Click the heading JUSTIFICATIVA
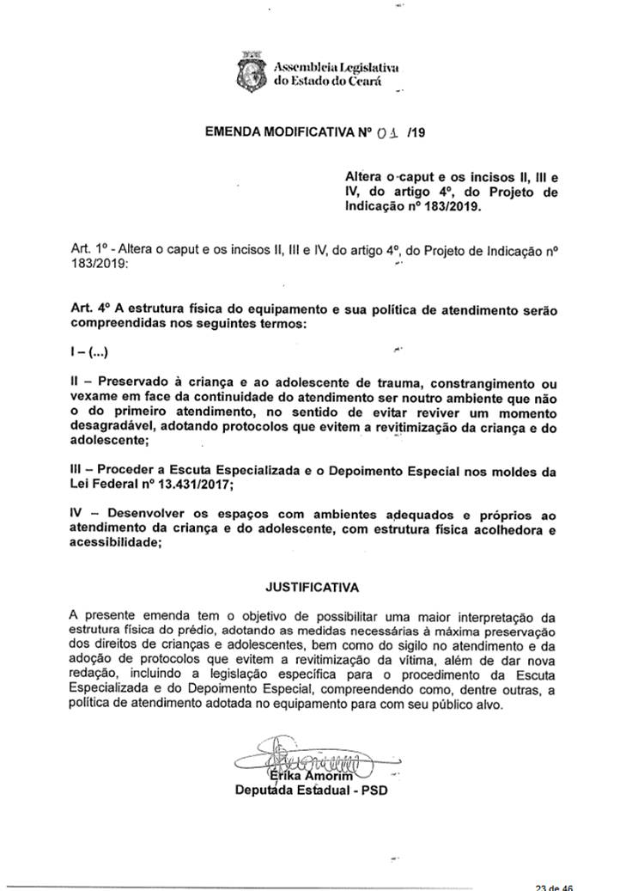[x=313, y=588]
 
